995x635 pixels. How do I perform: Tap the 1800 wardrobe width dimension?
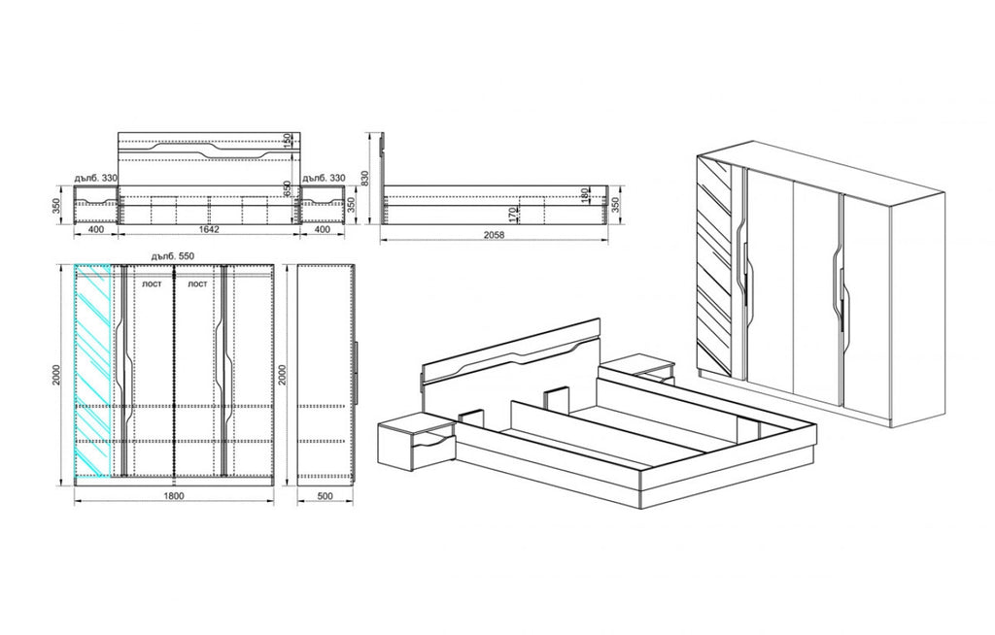173,495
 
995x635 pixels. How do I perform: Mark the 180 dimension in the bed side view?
584,197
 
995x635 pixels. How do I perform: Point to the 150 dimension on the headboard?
288,142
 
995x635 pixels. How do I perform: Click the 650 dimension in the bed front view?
288,186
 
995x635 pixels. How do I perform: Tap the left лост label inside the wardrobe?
152,284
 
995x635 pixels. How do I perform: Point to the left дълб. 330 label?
94,179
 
